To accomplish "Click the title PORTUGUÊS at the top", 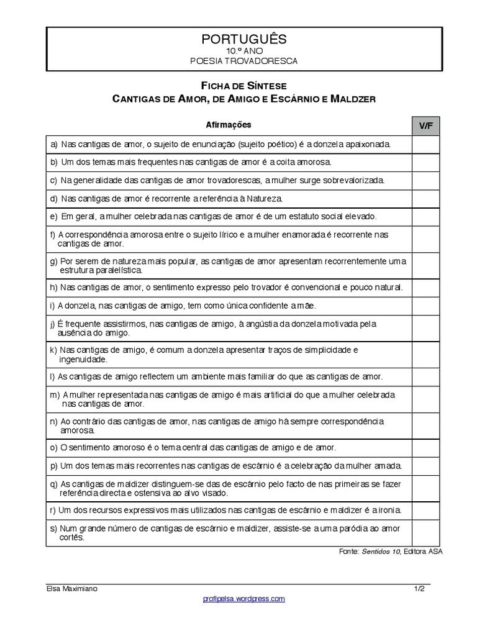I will [x=244, y=39].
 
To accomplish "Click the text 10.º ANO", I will [x=244, y=51].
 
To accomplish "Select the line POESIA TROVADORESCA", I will [x=244, y=61].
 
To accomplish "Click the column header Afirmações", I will [x=229, y=125].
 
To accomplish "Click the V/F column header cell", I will [x=425, y=125].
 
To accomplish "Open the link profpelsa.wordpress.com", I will [x=243, y=599].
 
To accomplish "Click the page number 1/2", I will [x=419, y=588].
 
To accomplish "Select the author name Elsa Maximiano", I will [x=71, y=588].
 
